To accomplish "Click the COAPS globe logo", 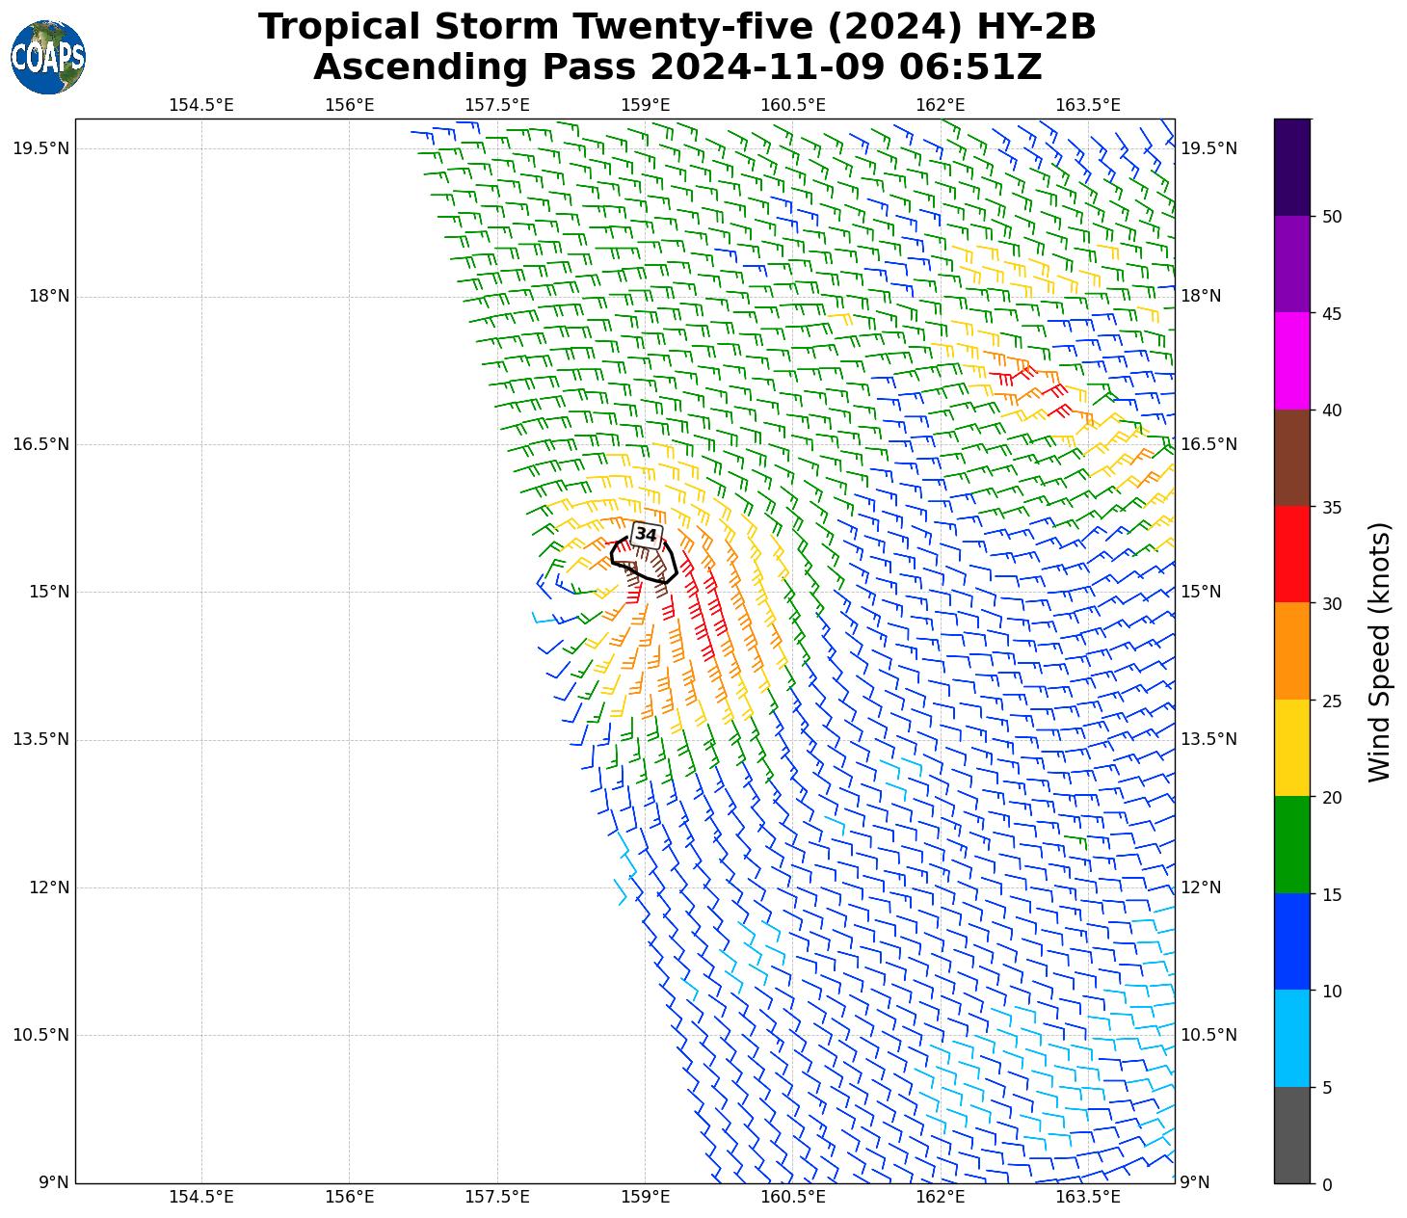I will pyautogui.click(x=47, y=58).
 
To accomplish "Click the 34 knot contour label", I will pyautogui.click(x=646, y=535).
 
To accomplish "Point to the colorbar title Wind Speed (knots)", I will pyautogui.click(x=1379, y=651).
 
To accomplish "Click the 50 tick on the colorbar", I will pyautogui.click(x=1332, y=217).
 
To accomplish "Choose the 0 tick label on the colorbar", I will pyautogui.click(x=1327, y=1185).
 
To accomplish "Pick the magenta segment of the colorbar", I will pyautogui.click(x=1291, y=360).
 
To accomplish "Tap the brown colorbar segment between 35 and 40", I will pyautogui.click(x=1291, y=458).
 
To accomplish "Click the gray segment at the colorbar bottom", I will pyautogui.click(x=1291, y=1135).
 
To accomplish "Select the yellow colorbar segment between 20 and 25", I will pyautogui.click(x=1291, y=748).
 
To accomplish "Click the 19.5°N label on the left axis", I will pyautogui.click(x=40, y=148).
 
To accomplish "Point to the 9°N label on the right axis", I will pyautogui.click(x=1195, y=1183).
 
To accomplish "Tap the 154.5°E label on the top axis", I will pyautogui.click(x=201, y=105).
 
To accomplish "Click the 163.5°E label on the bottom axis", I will pyautogui.click(x=1088, y=1198).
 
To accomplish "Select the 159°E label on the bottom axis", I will pyautogui.click(x=645, y=1198).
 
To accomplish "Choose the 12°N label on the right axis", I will pyautogui.click(x=1201, y=887).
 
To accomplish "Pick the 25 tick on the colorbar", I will pyautogui.click(x=1332, y=701).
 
